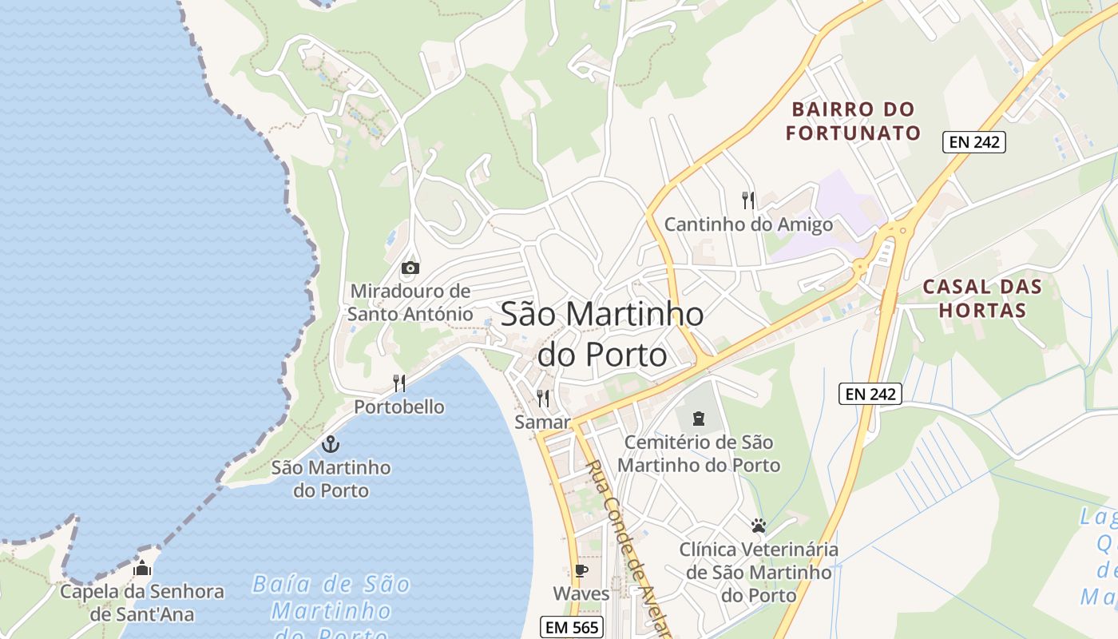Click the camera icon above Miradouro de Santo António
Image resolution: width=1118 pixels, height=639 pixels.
click(410, 268)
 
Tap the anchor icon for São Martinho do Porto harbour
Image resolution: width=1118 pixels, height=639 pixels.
click(330, 444)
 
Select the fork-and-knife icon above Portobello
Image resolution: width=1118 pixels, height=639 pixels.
click(399, 383)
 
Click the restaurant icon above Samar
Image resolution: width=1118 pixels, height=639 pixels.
click(543, 398)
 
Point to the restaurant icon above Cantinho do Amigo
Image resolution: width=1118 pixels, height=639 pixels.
click(748, 200)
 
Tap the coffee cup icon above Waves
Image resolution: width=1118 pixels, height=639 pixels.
click(581, 570)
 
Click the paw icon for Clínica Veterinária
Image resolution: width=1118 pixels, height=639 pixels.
click(758, 526)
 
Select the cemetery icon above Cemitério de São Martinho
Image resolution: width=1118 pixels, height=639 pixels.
click(699, 418)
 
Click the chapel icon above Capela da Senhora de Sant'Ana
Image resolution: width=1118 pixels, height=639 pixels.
click(142, 568)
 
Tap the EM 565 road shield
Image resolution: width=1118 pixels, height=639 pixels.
click(571, 627)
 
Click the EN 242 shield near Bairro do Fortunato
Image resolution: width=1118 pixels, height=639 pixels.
click(973, 142)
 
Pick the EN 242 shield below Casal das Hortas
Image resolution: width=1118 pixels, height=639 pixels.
click(870, 393)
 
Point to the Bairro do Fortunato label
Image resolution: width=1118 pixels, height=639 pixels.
click(853, 121)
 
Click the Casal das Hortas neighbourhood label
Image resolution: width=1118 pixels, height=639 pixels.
click(982, 298)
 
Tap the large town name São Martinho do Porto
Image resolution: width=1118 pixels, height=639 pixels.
click(602, 334)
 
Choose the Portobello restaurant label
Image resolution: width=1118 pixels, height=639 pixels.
click(399, 407)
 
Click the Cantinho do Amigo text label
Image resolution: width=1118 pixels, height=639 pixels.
click(748, 224)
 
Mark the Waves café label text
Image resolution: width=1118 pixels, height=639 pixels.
click(581, 593)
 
